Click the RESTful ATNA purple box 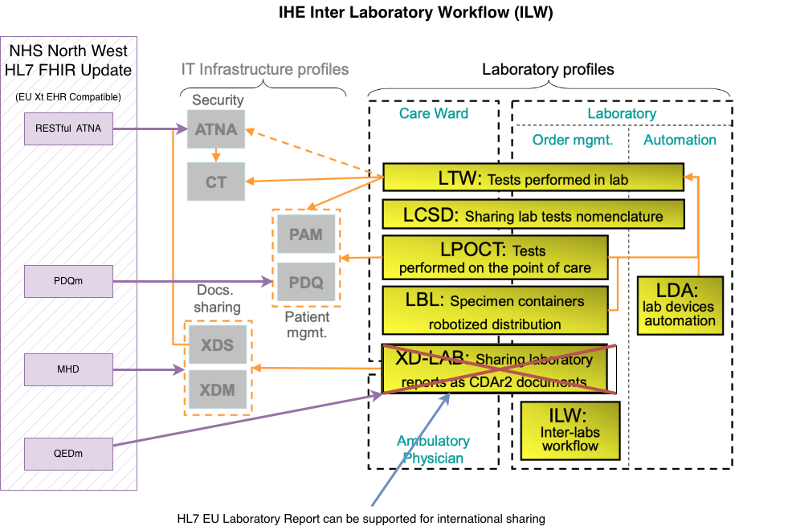[68, 128]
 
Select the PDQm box [68, 281]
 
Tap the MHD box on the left [68, 369]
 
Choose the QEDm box [68, 455]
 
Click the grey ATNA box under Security [216, 129]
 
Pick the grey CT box [216, 182]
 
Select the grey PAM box [306, 234]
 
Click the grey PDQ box [306, 282]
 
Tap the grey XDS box [218, 345]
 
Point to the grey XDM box [218, 390]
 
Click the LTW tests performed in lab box [533, 178]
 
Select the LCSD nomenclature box [533, 215]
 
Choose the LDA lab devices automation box [679, 305]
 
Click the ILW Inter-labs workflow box [570, 430]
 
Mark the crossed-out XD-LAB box [498, 369]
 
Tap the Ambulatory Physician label [433, 450]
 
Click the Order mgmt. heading [572, 140]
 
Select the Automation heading [680, 140]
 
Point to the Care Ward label [434, 113]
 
